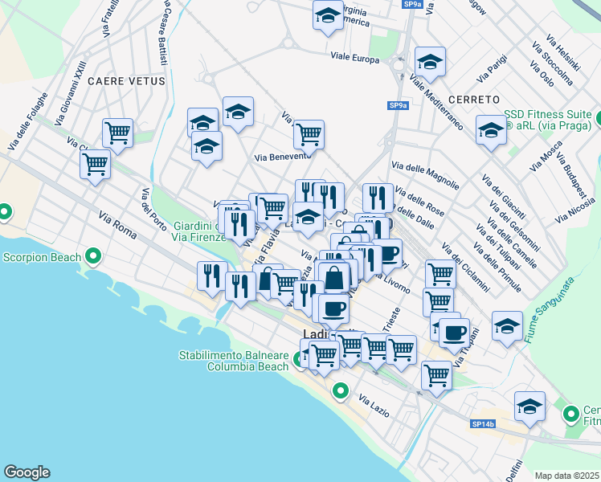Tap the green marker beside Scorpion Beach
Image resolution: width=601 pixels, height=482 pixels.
[x=93, y=257]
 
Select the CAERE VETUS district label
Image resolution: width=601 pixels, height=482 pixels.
[x=126, y=81]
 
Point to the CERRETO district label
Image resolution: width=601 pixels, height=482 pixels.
[x=452, y=99]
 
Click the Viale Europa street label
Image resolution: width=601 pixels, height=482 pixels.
[x=354, y=58]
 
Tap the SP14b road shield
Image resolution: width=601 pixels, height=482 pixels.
[x=482, y=423]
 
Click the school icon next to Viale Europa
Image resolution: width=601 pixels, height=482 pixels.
[x=430, y=62]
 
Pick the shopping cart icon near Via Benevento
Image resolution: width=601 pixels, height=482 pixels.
[x=309, y=133]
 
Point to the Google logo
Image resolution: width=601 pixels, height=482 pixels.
[x=27, y=472]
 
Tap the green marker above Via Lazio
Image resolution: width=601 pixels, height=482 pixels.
[x=341, y=392]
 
